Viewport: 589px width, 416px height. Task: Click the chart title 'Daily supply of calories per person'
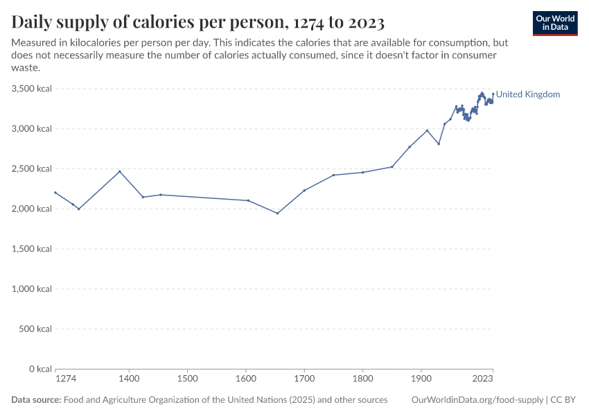tap(198, 22)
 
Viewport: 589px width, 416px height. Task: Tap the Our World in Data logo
tap(555, 23)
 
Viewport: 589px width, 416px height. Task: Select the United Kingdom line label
tap(528, 94)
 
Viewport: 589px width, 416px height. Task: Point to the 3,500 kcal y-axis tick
tap(32, 89)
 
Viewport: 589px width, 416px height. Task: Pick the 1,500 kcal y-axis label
tap(32, 249)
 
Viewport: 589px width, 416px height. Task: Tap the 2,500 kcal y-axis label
tap(32, 168)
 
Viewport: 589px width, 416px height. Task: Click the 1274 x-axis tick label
tap(66, 379)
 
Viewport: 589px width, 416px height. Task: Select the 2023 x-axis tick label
tap(483, 379)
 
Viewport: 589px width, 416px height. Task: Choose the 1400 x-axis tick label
tap(128, 379)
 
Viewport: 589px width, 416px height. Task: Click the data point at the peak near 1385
tap(120, 171)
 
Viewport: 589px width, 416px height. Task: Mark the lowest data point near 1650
tap(277, 213)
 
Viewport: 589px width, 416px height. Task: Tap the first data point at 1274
tap(55, 193)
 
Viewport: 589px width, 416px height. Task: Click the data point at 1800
tap(363, 172)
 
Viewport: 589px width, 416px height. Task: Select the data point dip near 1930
tap(439, 144)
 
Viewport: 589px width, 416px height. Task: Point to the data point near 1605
tap(248, 200)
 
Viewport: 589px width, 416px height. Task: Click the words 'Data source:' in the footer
tap(36, 400)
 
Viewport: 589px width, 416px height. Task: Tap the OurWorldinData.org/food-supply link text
tap(477, 400)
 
